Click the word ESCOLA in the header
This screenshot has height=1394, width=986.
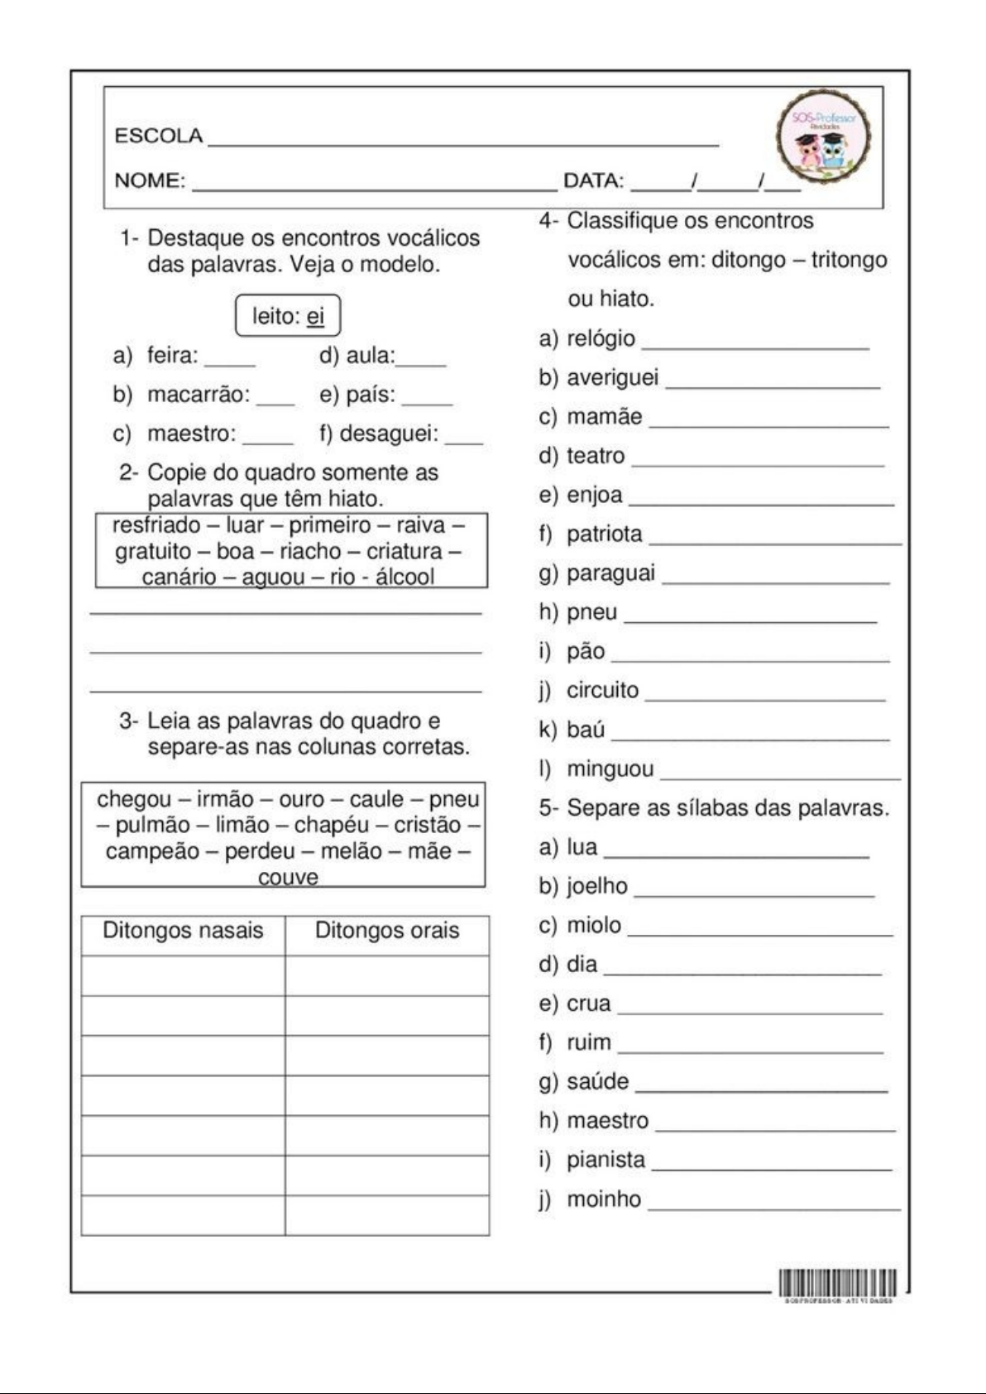pos(158,137)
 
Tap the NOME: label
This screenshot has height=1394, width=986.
pos(150,180)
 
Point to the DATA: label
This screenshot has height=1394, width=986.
pos(593,180)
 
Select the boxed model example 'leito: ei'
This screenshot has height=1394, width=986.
pos(288,316)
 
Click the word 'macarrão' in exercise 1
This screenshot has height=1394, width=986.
pos(199,395)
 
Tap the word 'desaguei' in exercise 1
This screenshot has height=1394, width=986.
pos(389,434)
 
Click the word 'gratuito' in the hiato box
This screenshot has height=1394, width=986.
pos(153,551)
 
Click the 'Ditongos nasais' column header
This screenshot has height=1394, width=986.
pos(183,931)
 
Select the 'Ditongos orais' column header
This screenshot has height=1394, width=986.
pos(387,931)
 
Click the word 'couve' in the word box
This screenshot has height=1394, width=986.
pos(288,877)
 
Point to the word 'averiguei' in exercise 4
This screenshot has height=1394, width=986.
pos(612,378)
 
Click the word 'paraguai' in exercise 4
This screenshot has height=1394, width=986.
pos(610,573)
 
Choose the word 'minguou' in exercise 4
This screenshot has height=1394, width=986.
pos(610,769)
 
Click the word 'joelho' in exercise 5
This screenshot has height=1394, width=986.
pos(596,886)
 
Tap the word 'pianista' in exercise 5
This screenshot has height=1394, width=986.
pos(605,1160)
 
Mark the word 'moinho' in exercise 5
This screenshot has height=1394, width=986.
pos(603,1199)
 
